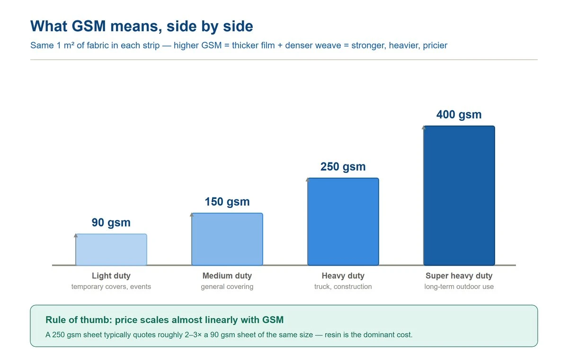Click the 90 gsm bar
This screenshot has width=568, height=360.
(111, 250)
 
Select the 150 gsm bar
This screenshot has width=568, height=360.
(227, 239)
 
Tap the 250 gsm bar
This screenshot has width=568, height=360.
(343, 222)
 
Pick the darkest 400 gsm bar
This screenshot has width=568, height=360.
(459, 196)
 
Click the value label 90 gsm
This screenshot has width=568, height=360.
(111, 223)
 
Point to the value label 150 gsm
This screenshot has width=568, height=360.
(227, 202)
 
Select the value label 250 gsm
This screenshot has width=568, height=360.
(343, 167)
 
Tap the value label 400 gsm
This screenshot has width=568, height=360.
(459, 115)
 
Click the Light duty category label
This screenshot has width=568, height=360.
(111, 276)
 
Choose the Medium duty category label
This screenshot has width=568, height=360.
(227, 276)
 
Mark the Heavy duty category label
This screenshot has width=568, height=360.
(343, 276)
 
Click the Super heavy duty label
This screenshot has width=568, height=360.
(459, 276)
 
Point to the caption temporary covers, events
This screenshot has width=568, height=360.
(111, 287)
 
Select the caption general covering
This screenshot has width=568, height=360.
(227, 287)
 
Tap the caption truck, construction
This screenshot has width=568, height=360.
(343, 287)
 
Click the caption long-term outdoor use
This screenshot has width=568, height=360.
(459, 287)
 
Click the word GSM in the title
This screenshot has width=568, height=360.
(89, 26)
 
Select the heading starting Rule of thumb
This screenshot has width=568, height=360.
(165, 320)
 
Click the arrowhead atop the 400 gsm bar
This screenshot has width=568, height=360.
(424, 127)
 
